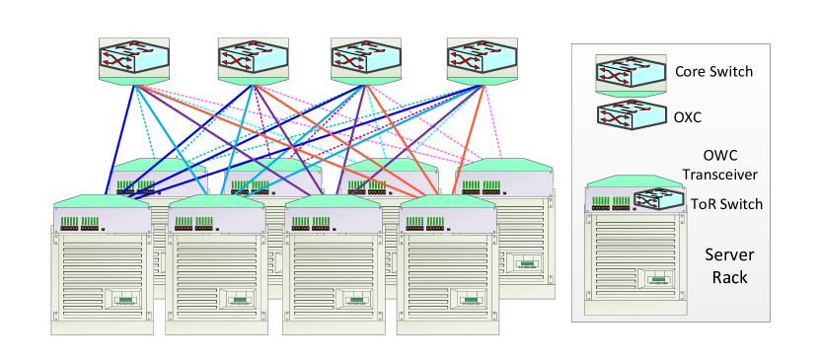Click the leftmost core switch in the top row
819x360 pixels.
point(133,60)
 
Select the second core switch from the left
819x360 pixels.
point(252,60)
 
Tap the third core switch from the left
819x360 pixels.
point(365,60)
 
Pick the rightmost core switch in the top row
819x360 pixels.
point(482,60)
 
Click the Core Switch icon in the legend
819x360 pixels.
point(629,73)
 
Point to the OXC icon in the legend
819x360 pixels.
point(629,115)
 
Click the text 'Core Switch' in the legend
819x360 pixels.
point(713,72)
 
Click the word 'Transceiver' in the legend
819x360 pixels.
point(719,176)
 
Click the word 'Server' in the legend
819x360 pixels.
point(729,254)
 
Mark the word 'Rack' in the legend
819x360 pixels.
point(729,277)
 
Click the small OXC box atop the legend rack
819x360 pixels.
point(657,200)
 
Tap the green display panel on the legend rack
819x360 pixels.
point(658,280)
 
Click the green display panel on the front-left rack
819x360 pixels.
point(125,300)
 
